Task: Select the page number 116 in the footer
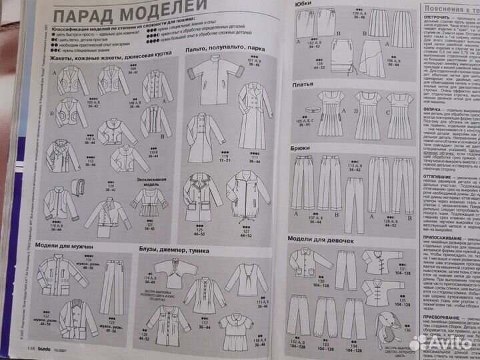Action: (31, 347)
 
